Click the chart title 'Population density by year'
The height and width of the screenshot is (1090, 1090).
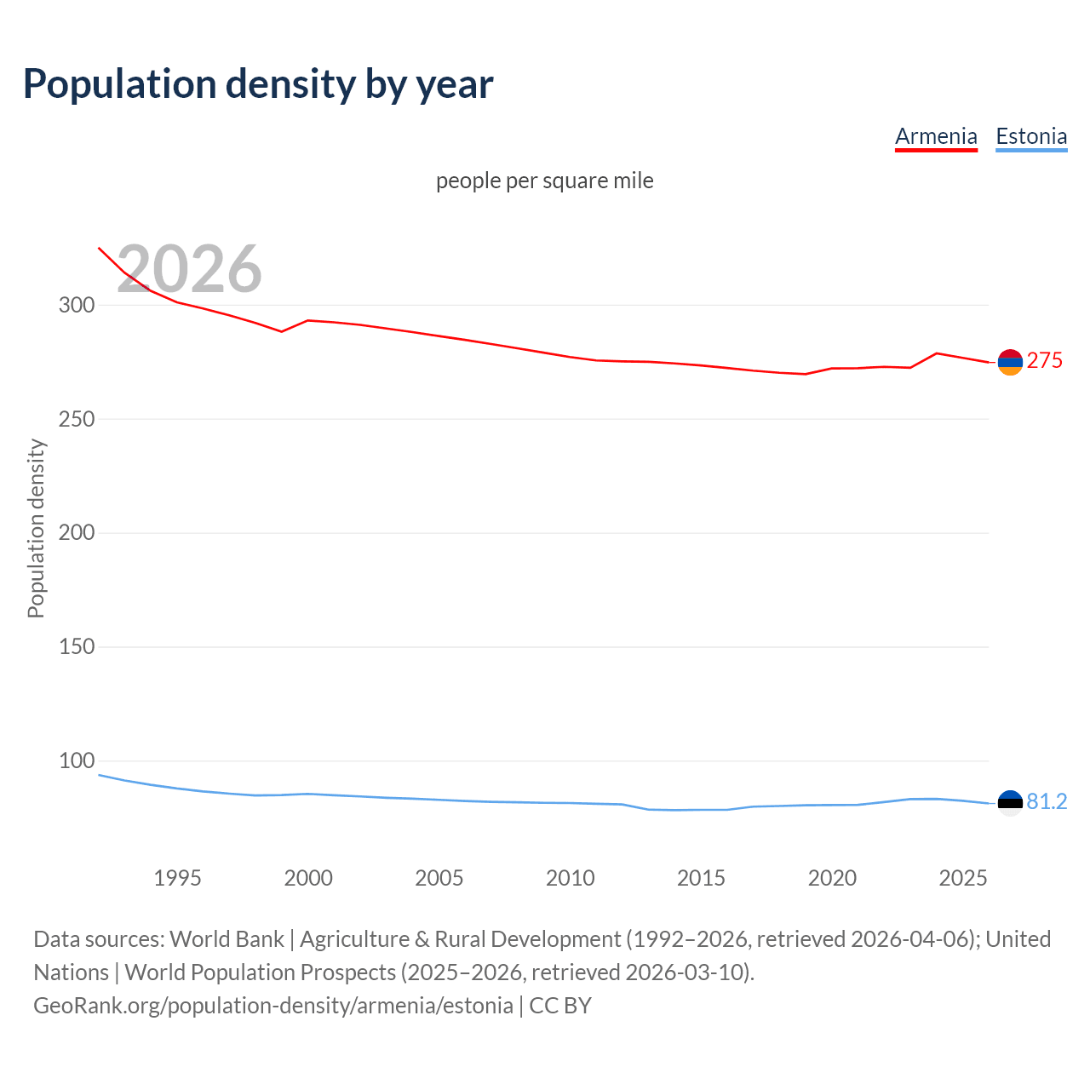tap(258, 84)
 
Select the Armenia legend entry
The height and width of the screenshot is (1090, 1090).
tap(936, 136)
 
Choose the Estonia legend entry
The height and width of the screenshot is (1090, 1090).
tap(1031, 136)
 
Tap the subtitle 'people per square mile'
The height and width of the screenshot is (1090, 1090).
tap(544, 181)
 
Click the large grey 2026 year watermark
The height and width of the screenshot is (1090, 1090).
tap(189, 269)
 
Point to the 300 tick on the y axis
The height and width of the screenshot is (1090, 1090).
tap(76, 305)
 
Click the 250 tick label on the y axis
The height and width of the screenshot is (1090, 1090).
tap(76, 419)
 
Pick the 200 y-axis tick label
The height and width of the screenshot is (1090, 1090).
tap(76, 533)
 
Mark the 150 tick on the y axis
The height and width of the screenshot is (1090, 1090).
tap(76, 647)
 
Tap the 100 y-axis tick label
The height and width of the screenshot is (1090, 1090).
tap(76, 760)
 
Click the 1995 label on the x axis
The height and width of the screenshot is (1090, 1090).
tap(177, 878)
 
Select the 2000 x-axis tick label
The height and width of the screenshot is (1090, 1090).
tap(308, 878)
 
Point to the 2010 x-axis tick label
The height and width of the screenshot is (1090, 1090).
tap(570, 878)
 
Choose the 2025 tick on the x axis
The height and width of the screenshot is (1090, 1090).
tap(962, 878)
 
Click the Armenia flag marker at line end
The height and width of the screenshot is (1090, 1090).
tap(1010, 362)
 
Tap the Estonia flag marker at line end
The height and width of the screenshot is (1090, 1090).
tap(1010, 803)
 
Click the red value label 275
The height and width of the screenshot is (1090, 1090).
tap(1045, 361)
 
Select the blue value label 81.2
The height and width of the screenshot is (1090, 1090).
tap(1047, 802)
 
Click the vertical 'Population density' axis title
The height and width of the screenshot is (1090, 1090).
tap(36, 528)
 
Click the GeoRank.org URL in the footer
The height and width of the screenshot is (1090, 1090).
tap(273, 1006)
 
